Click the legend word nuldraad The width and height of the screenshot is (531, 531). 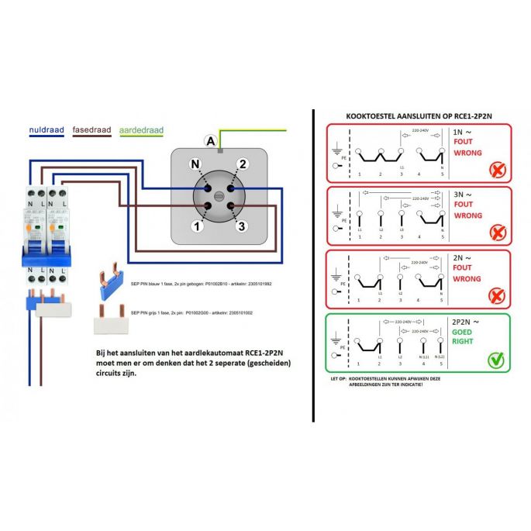(x=46, y=131)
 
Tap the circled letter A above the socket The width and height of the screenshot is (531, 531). (x=209, y=140)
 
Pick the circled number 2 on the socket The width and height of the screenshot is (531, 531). (x=242, y=164)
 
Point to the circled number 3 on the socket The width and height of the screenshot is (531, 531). (x=242, y=226)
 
